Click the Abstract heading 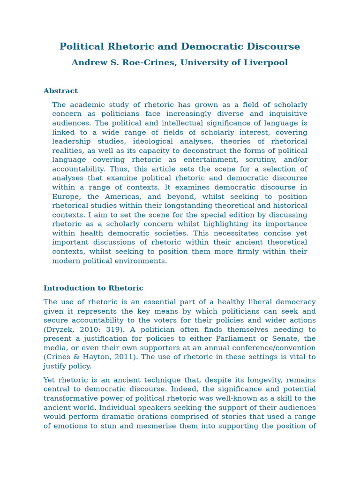60,91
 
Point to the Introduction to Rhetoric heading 93,288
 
